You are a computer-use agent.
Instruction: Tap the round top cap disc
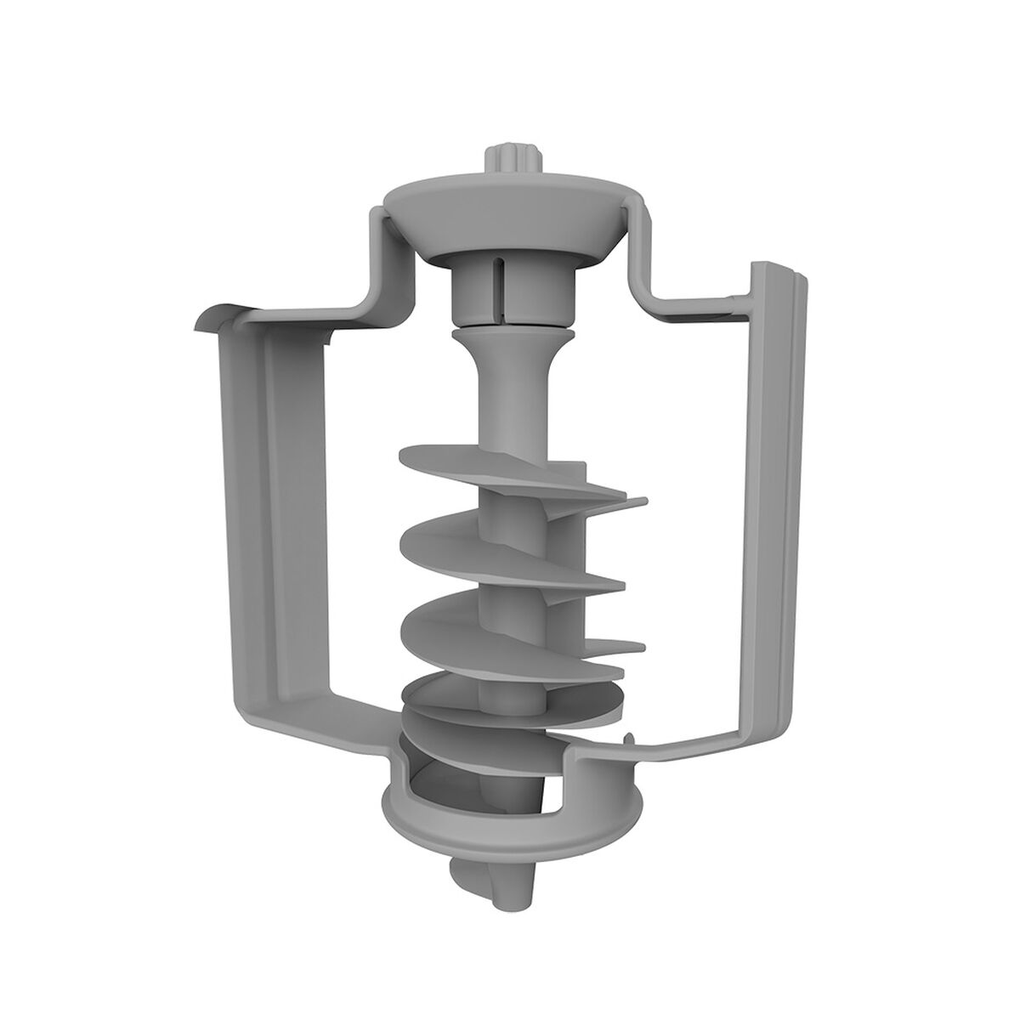pos(510,204)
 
